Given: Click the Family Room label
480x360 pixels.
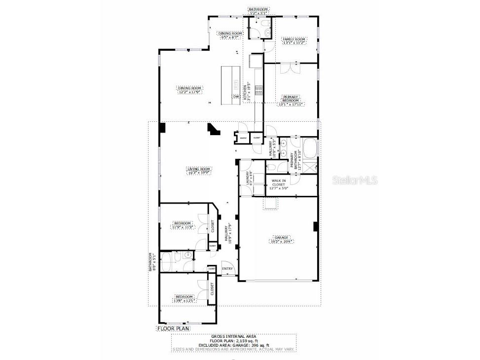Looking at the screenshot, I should [x=294, y=41].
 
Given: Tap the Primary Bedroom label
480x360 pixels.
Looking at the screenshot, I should [x=290, y=100].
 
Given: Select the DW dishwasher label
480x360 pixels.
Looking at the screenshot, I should [x=236, y=97].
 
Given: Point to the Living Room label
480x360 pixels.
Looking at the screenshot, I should [x=198, y=171].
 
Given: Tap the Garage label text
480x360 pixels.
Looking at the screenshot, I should [x=282, y=239].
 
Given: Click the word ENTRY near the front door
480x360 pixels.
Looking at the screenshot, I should [x=227, y=269].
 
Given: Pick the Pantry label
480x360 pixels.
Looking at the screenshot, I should [x=243, y=138].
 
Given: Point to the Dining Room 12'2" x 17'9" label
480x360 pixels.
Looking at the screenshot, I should [x=190, y=90].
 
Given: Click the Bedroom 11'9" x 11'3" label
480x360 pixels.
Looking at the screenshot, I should [x=183, y=225].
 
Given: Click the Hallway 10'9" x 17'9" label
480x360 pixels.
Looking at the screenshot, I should [x=228, y=233].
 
